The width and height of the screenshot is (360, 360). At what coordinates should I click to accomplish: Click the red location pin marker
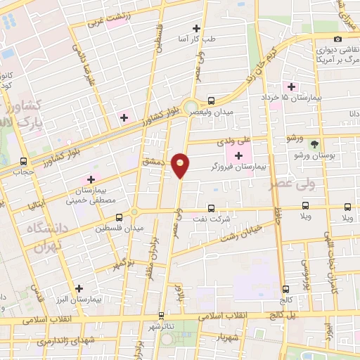pyautogui.click(x=181, y=165)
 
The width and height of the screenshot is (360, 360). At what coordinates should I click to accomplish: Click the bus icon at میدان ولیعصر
pyautogui.click(x=212, y=101)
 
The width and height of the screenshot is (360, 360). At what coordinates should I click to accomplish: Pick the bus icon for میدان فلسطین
pyautogui.click(x=119, y=217)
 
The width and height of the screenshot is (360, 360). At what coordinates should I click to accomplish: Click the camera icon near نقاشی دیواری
pyautogui.click(x=338, y=39)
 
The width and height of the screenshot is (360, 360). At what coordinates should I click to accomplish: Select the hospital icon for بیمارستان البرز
pyautogui.click(x=79, y=288)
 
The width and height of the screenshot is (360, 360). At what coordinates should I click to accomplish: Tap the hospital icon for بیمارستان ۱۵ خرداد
pyautogui.click(x=291, y=86)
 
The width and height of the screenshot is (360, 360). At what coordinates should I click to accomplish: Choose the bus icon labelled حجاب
pyautogui.click(x=24, y=161)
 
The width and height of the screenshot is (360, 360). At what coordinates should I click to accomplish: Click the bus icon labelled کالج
pyautogui.click(x=285, y=288)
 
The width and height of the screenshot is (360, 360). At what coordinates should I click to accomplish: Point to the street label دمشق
pyautogui.click(x=153, y=161)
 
